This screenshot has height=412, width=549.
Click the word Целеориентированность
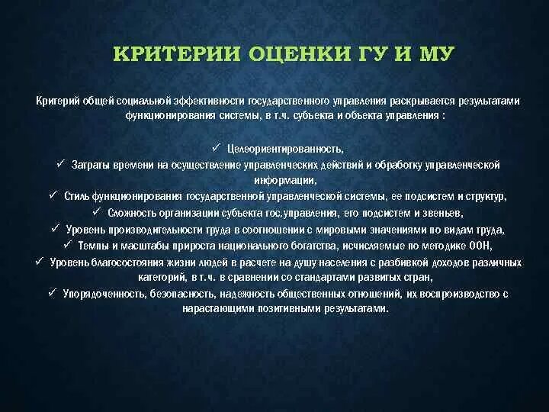(x=281, y=149)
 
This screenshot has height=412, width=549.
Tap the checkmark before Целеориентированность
(x=217, y=147)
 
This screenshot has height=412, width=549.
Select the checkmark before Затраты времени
(x=60, y=163)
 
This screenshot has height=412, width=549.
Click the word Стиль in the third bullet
(x=76, y=197)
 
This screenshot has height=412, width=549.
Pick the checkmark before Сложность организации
(x=96, y=212)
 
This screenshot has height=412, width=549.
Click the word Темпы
(x=99, y=246)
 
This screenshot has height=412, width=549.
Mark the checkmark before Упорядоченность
(x=51, y=292)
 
